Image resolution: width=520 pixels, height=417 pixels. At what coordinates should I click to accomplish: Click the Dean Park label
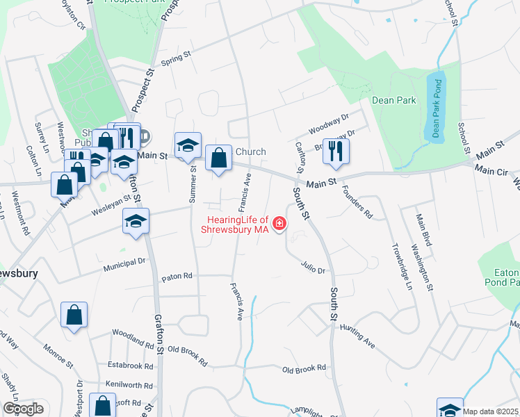(393, 100)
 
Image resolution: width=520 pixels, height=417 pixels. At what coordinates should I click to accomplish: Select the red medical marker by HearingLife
(279, 223)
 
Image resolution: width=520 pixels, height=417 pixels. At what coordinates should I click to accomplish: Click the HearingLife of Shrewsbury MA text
(236, 224)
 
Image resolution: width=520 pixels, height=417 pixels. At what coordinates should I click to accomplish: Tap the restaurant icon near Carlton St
(336, 152)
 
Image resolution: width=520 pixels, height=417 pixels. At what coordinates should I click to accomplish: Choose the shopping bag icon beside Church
(218, 158)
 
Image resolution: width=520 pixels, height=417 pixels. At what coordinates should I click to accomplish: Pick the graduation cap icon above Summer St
(188, 146)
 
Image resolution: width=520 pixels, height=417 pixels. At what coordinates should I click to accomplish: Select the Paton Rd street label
(177, 277)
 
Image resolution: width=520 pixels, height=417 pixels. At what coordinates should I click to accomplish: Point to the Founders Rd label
(357, 203)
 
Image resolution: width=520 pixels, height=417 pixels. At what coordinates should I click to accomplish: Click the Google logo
(23, 409)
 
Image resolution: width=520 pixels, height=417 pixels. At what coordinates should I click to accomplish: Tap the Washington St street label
(423, 265)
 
